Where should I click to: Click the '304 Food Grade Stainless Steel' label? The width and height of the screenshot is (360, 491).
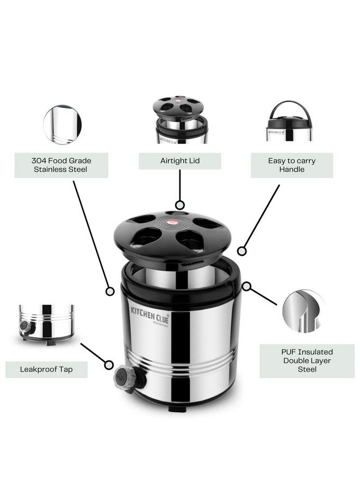click(61, 165)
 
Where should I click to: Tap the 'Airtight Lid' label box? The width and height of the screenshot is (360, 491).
click(179, 161)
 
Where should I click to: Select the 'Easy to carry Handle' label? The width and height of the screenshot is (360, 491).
click(291, 165)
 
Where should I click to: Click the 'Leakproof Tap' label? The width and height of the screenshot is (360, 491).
click(46, 369)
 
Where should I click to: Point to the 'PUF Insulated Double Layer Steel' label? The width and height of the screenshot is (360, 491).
click(307, 361)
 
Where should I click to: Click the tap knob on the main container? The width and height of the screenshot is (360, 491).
click(122, 376)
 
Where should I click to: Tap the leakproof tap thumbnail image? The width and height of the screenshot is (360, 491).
click(46, 324)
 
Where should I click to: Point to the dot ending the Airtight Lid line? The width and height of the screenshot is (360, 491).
click(179, 206)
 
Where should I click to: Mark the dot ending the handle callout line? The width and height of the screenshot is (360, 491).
click(242, 252)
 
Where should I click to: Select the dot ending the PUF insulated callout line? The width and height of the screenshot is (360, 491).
click(247, 285)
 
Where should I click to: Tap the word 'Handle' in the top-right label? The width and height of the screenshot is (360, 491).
click(291, 170)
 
